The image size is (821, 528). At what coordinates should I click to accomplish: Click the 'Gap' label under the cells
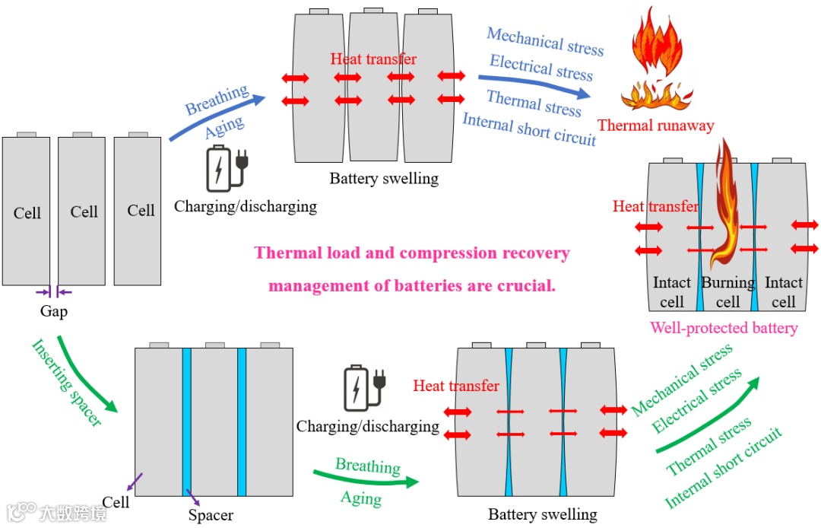[x=54, y=311]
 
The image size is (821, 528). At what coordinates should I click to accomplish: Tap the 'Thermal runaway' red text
[x=655, y=125]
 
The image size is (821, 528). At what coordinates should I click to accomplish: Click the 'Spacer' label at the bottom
[x=211, y=515]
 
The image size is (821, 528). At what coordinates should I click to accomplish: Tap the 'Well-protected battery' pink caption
[x=724, y=328]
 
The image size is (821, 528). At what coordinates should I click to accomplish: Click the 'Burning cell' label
[x=727, y=292]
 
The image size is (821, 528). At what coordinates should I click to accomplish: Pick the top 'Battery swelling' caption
[x=384, y=179]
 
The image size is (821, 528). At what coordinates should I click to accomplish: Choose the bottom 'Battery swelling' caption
[x=542, y=514]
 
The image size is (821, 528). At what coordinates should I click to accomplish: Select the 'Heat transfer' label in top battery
[x=373, y=59]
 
